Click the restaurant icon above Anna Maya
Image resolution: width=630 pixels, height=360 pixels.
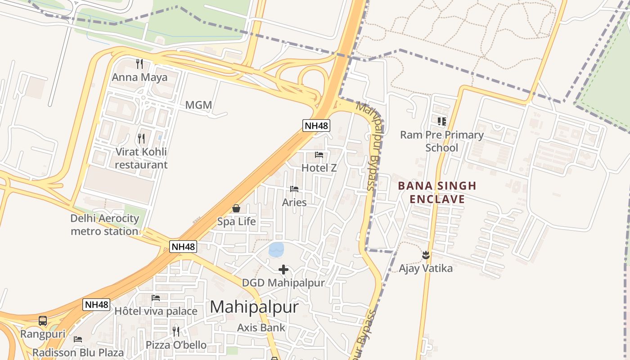pyautogui.click(x=139, y=64)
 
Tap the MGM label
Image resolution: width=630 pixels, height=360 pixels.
pyautogui.click(x=198, y=105)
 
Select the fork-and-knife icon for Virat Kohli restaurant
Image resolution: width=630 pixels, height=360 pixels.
pyautogui.click(x=141, y=138)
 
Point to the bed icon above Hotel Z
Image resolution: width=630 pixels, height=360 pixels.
pyautogui.click(x=319, y=155)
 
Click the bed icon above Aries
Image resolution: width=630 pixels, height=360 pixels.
pyautogui.click(x=294, y=189)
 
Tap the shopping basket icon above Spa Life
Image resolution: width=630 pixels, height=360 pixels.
pyautogui.click(x=236, y=208)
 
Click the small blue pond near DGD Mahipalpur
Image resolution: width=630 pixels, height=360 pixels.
pyautogui.click(x=276, y=250)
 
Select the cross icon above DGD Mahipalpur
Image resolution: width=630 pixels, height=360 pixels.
pyautogui.click(x=283, y=270)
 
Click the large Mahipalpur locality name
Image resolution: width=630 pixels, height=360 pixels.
pyautogui.click(x=254, y=307)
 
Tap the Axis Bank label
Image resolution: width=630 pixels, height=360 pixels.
pyautogui.click(x=261, y=328)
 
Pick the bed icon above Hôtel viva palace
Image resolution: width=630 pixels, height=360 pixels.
pyautogui.click(x=156, y=298)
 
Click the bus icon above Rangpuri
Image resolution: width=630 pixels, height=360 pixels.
pyautogui.click(x=43, y=321)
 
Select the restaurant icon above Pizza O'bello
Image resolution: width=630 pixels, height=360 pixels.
pyautogui.click(x=176, y=332)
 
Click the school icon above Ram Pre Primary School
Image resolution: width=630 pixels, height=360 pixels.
pyautogui.click(x=441, y=121)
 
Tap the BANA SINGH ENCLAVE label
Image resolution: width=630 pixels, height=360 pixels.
pyautogui.click(x=437, y=192)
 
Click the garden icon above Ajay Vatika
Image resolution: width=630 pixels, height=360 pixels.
pyautogui.click(x=426, y=255)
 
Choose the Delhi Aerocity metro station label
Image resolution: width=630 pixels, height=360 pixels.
pyautogui.click(x=105, y=225)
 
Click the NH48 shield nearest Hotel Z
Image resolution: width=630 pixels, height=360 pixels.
pyautogui.click(x=316, y=125)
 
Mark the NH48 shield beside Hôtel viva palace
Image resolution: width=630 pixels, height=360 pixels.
pyautogui.click(x=97, y=305)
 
